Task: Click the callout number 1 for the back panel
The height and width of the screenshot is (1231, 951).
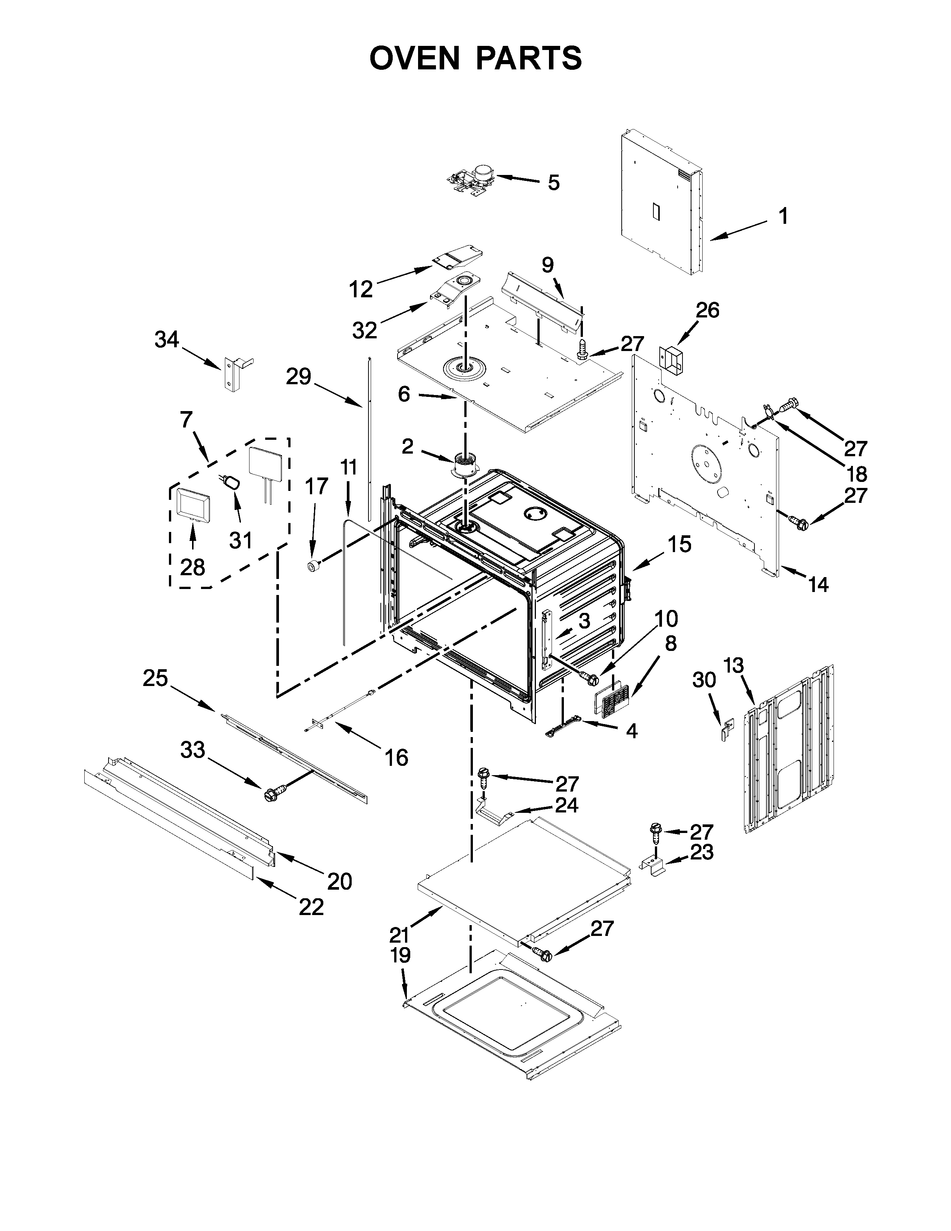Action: click(782, 216)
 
